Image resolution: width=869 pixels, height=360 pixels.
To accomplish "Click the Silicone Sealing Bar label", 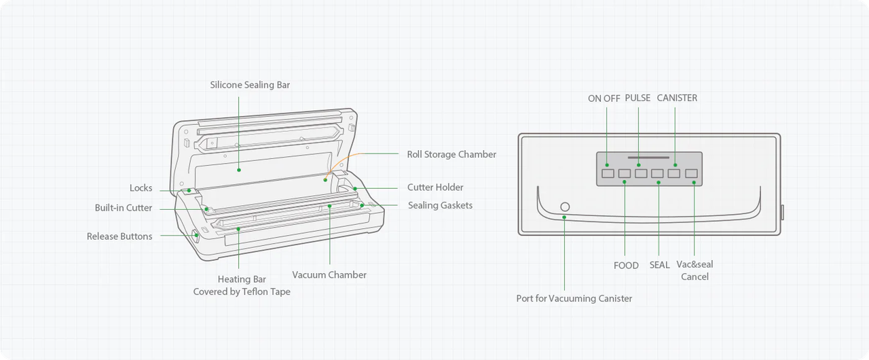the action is tap(250, 85).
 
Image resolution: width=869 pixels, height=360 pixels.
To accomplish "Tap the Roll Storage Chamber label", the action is tap(451, 154).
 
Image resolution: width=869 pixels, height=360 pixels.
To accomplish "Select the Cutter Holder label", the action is tap(435, 187).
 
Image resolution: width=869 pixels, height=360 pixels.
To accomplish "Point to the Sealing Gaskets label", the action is tap(441, 205).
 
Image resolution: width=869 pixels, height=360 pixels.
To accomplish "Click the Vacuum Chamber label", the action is tap(329, 274).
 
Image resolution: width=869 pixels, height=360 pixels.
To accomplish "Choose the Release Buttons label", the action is tap(119, 236).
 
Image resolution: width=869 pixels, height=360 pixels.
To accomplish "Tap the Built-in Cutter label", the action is tap(124, 208).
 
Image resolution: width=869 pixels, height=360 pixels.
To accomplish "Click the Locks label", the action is tap(141, 187).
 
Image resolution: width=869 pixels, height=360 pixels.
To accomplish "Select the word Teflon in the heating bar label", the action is tap(253, 291).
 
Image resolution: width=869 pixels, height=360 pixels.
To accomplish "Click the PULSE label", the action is tap(637, 98).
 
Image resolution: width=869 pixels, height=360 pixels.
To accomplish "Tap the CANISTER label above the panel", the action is tap(677, 98).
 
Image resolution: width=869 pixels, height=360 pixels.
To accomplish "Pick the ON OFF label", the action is tap(604, 98).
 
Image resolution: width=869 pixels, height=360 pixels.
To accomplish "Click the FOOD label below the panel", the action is tap(626, 266).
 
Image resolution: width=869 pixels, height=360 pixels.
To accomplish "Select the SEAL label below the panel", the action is tap(659, 266).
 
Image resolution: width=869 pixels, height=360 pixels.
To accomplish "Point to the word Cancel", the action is tap(695, 277).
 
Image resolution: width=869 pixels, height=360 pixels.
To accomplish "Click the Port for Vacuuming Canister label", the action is tap(574, 299).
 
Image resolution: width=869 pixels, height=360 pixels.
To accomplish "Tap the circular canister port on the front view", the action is tap(566, 206).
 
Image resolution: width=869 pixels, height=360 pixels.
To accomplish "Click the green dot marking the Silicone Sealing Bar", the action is tap(239, 170).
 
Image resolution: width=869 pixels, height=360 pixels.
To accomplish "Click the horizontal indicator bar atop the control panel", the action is tap(648, 158).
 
